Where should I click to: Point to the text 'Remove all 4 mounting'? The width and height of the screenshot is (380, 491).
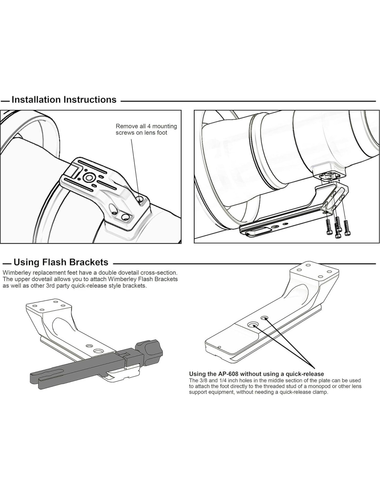[x=146, y=126]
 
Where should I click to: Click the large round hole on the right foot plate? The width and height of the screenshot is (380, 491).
[x=253, y=324]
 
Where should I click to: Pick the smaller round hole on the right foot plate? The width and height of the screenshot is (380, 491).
[x=265, y=318]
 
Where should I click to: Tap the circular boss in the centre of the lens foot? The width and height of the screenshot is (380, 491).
[x=89, y=177]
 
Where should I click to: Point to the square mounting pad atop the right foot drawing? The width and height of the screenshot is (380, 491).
[x=314, y=272]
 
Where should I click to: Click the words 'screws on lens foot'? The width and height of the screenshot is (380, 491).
[x=141, y=133]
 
